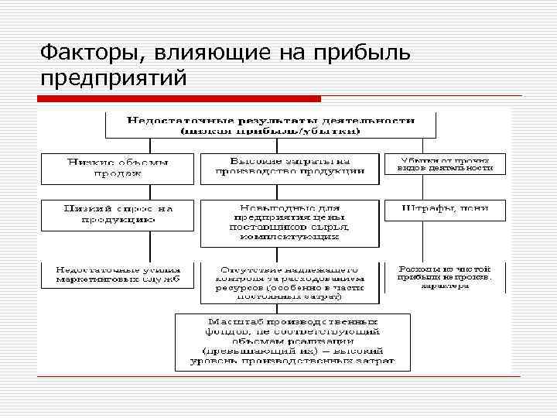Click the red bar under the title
pyautogui.click(x=179, y=99)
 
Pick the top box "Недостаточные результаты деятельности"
pyautogui.click(x=271, y=125)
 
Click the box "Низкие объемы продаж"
pyautogui.click(x=118, y=167)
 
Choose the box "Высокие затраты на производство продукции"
pyautogui.click(x=290, y=167)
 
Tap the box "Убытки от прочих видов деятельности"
pyautogui.click(x=445, y=163)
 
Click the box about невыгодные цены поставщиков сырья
pyautogui.click(x=290, y=223)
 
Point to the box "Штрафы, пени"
pyautogui.click(x=445, y=209)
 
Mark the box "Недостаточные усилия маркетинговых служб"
pyautogui.click(x=118, y=274)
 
